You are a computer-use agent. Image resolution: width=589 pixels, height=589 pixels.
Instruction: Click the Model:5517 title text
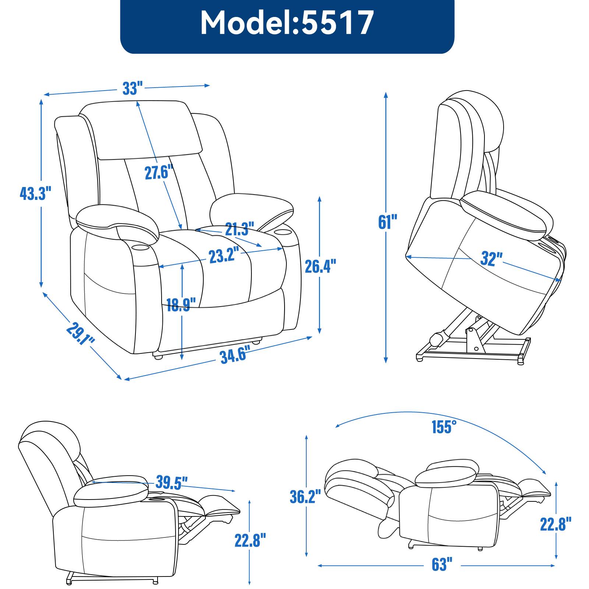287,23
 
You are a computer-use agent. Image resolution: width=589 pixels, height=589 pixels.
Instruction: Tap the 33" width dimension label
133,88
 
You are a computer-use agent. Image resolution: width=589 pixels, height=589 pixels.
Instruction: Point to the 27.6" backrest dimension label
159,172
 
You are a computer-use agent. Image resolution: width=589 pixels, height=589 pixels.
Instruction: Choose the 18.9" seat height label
179,305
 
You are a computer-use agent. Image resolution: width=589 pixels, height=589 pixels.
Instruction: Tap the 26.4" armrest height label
321,266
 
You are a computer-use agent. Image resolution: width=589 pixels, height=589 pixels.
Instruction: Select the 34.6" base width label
233,356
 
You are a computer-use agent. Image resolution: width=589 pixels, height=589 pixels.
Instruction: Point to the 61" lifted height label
388,222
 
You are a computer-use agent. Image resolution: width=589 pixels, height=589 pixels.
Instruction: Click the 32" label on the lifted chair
491,259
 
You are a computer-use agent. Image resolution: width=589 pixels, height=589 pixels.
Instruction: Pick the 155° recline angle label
444,427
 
